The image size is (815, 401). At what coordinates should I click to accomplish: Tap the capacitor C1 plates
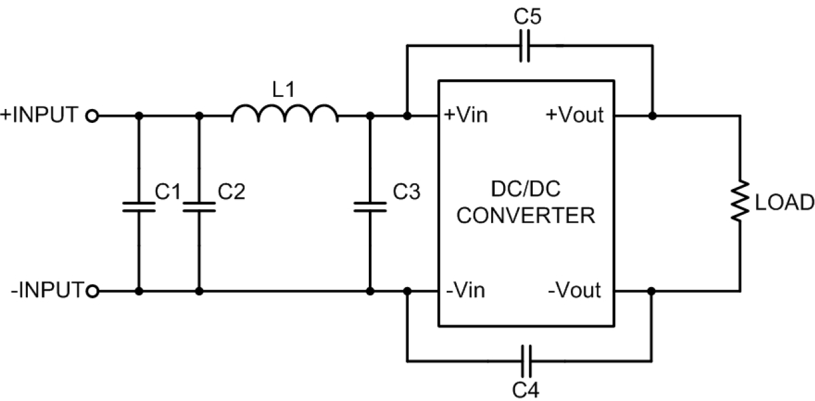click(139, 207)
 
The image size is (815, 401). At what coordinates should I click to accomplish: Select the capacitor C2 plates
click(199, 207)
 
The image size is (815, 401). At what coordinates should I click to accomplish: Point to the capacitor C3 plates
click(370, 207)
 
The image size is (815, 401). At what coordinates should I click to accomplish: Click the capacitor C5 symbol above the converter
click(525, 46)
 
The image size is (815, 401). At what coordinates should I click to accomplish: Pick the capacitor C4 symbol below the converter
click(526, 361)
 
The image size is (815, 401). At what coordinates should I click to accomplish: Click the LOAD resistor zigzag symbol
click(740, 200)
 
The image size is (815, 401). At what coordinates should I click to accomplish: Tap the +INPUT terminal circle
click(92, 116)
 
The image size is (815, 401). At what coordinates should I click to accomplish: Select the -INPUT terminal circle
click(93, 291)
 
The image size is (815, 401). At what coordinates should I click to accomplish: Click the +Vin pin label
click(466, 115)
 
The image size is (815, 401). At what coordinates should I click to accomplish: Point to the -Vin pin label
click(466, 290)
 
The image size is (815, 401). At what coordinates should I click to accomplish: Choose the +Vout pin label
click(575, 115)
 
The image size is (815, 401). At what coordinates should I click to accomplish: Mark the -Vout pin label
click(575, 290)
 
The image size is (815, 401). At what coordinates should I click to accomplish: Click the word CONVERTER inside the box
click(526, 215)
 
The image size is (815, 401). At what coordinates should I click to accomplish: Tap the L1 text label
click(283, 89)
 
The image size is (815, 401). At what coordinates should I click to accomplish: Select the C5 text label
click(528, 16)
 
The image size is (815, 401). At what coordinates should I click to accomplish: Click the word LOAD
click(785, 203)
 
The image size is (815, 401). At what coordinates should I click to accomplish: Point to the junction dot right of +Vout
click(652, 116)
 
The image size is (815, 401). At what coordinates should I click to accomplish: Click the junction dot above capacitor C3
click(370, 116)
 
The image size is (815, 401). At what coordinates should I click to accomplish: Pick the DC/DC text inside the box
click(526, 189)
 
